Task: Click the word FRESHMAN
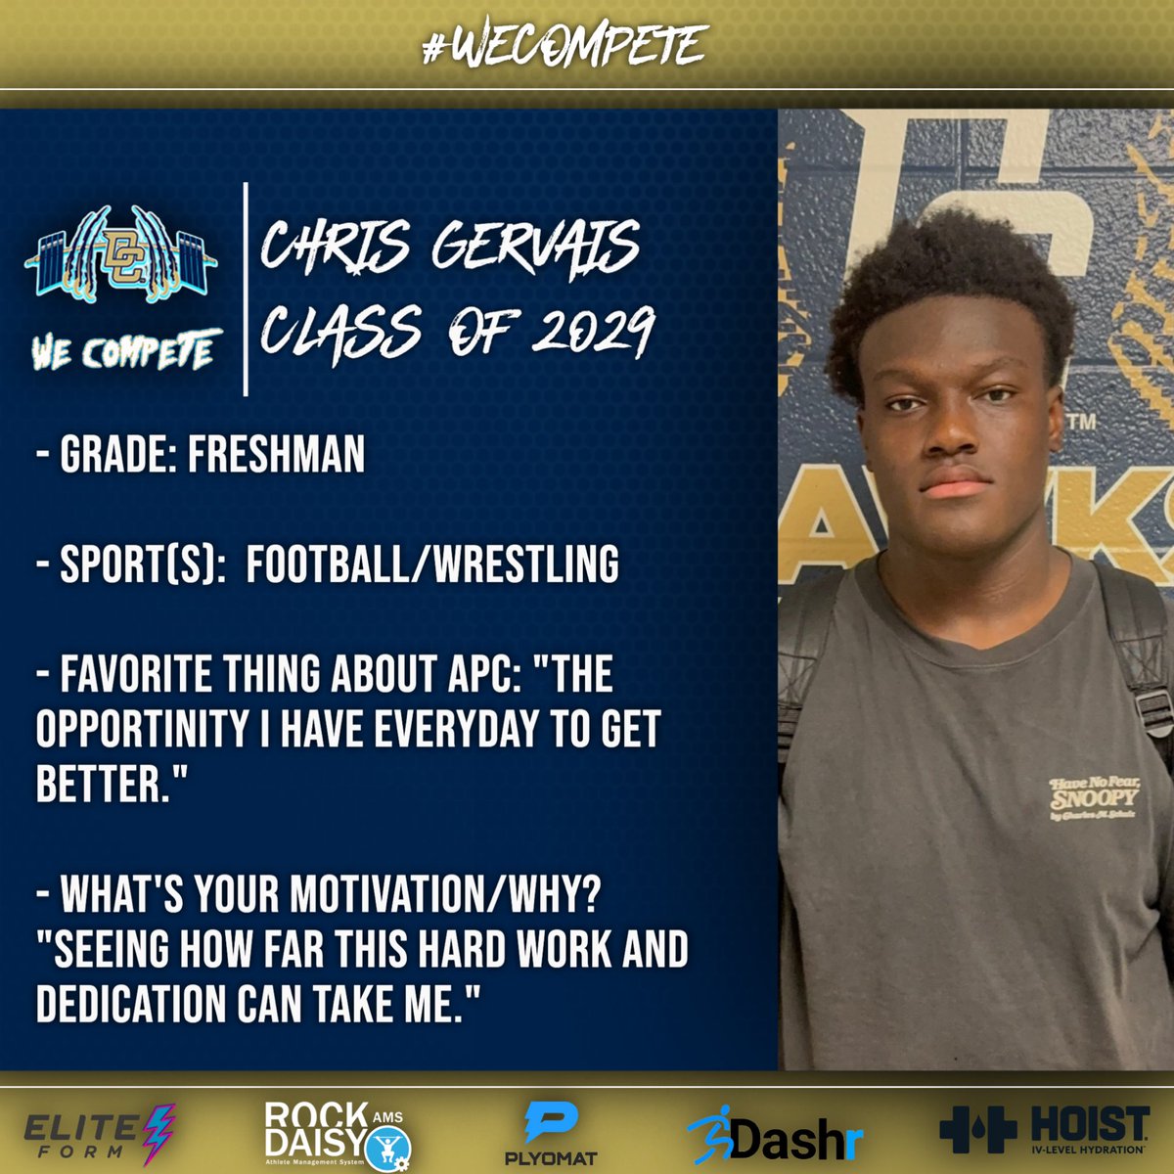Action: tap(276, 454)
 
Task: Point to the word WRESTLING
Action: tap(527, 564)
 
